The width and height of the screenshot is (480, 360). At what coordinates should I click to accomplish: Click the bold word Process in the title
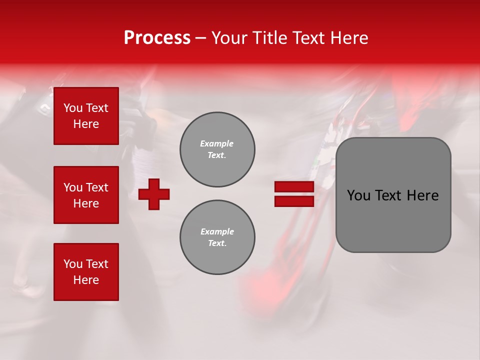click(157, 38)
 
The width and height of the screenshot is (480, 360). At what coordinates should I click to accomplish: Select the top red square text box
click(86, 116)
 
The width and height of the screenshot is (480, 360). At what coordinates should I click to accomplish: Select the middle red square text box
click(86, 195)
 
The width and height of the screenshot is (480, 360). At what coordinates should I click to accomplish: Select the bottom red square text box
click(86, 272)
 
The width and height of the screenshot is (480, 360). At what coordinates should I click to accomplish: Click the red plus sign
click(154, 194)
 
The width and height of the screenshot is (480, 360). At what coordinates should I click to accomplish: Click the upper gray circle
click(217, 149)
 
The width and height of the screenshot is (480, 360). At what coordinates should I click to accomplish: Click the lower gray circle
click(217, 237)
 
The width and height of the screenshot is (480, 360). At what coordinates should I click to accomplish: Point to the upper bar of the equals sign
click(294, 187)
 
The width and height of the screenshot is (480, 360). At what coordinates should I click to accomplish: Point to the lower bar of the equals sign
click(294, 201)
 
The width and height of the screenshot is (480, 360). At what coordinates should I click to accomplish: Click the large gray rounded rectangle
click(393, 220)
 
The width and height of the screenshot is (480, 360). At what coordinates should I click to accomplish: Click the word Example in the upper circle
click(217, 143)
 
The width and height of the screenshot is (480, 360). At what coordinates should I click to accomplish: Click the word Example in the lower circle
click(217, 231)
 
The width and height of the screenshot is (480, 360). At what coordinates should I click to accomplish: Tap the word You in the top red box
click(73, 108)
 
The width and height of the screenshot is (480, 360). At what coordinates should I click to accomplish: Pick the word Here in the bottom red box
click(86, 280)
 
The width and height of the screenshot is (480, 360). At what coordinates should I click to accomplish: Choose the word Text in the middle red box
click(96, 187)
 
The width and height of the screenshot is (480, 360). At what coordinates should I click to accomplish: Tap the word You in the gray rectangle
click(358, 195)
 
